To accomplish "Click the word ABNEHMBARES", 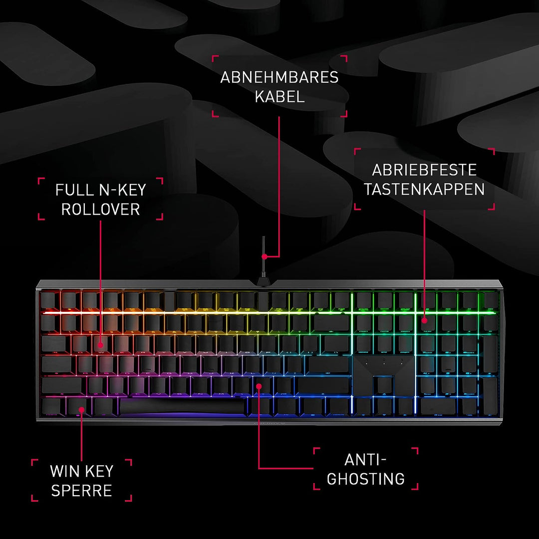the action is pyautogui.click(x=279, y=77).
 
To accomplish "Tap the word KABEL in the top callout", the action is pyautogui.click(x=279, y=97).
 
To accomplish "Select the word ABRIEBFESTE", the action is pyautogui.click(x=424, y=170).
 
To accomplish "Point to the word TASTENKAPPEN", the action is pyautogui.click(x=424, y=189).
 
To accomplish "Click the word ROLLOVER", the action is pyautogui.click(x=100, y=209).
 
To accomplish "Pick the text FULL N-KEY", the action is pyautogui.click(x=100, y=190).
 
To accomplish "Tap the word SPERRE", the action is pyautogui.click(x=81, y=491).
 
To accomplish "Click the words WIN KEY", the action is pyautogui.click(x=81, y=471).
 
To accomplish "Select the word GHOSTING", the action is pyautogui.click(x=366, y=479).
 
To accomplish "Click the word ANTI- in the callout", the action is pyautogui.click(x=366, y=460).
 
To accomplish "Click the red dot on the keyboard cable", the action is pyautogui.click(x=265, y=257).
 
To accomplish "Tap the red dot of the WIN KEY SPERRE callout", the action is pyautogui.click(x=81, y=409).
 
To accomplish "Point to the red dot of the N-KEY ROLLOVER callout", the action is pyautogui.click(x=100, y=345).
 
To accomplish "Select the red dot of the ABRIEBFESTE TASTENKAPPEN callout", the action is pyautogui.click(x=425, y=320).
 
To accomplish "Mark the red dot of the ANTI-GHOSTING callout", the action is pyautogui.click(x=259, y=386).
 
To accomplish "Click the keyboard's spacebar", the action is pyautogui.click(x=182, y=406).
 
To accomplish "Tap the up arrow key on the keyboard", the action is pyautogui.click(x=384, y=386).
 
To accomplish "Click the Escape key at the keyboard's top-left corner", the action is pyautogui.click(x=48, y=301).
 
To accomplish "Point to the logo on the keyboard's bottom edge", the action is pyautogui.click(x=269, y=423).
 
